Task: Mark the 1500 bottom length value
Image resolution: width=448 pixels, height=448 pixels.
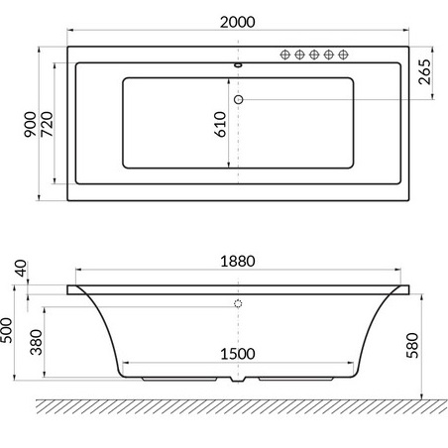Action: pyautogui.click(x=238, y=351)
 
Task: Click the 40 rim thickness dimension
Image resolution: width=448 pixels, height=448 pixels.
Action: pyautogui.click(x=19, y=269)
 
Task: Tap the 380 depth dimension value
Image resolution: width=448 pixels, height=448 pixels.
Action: pyautogui.click(x=36, y=343)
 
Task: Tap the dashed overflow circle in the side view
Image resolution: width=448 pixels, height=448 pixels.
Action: pyautogui.click(x=238, y=304)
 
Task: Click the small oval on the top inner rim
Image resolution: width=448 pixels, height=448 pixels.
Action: pyautogui.click(x=238, y=67)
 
